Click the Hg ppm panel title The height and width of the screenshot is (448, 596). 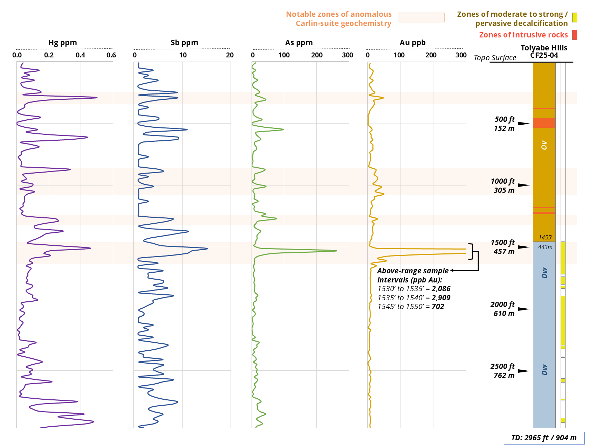click(x=63, y=43)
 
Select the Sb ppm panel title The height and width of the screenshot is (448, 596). click(x=184, y=43)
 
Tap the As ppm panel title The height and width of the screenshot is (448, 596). click(x=299, y=43)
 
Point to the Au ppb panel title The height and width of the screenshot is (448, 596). click(x=413, y=43)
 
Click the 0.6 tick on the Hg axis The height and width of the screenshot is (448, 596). click(x=111, y=55)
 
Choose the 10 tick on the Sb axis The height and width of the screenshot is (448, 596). click(x=183, y=55)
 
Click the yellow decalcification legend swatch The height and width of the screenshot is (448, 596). click(x=575, y=17)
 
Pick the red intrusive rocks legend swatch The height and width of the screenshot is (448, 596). click(x=575, y=35)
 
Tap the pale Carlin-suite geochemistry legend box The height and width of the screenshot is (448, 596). click(x=421, y=17)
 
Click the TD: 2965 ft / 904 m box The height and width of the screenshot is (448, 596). click(x=544, y=438)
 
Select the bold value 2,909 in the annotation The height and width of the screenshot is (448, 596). click(x=441, y=298)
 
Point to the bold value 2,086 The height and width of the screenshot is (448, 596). click(x=441, y=289)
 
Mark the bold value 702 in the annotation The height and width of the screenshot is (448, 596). click(x=438, y=307)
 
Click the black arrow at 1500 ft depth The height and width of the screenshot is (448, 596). click(x=524, y=247)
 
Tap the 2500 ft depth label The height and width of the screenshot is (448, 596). click(x=502, y=366)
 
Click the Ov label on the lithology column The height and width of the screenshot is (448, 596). click(x=544, y=145)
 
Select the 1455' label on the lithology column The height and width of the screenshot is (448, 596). click(x=545, y=237)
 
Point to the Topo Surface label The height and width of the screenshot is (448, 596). click(x=495, y=58)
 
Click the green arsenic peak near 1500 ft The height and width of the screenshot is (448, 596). click(x=336, y=251)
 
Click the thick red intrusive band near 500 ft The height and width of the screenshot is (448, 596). click(x=544, y=122)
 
